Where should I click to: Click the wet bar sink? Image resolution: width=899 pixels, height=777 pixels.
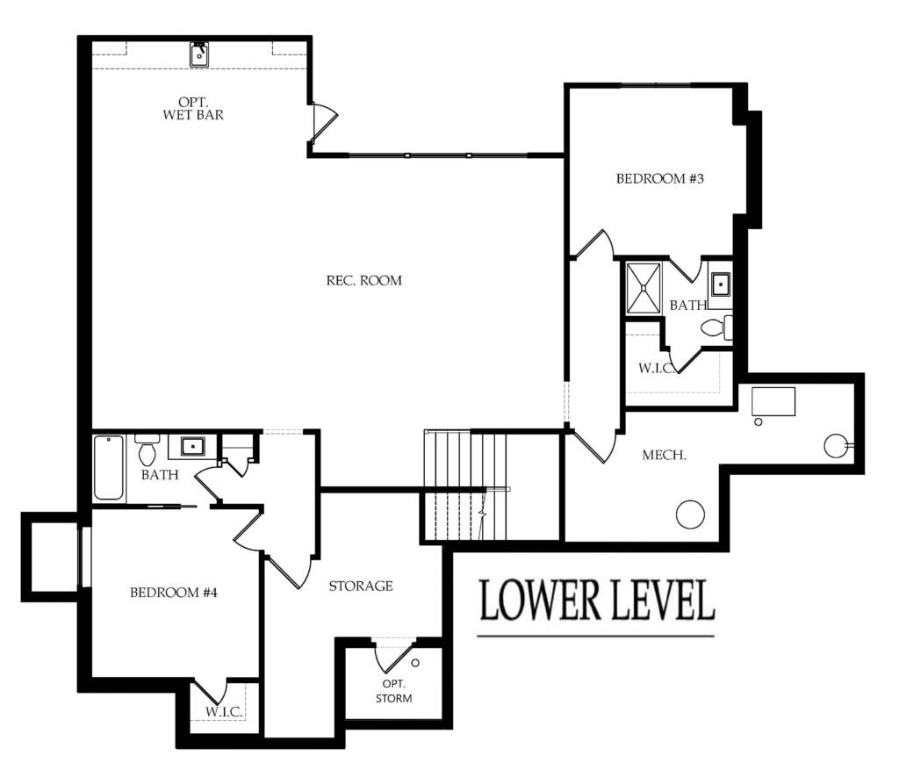(199, 54)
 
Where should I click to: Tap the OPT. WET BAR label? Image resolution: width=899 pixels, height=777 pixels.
(193, 108)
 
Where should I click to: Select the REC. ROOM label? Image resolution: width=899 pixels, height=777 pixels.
(364, 280)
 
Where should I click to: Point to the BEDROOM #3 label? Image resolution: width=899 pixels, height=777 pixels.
(660, 179)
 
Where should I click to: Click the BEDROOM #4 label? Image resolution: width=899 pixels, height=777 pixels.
(174, 593)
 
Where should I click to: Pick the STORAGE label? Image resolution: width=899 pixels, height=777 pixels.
(361, 586)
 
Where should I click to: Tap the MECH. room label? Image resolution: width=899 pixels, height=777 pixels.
(664, 456)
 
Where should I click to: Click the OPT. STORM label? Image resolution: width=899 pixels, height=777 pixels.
(394, 691)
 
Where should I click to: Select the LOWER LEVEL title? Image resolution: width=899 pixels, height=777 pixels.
(597, 600)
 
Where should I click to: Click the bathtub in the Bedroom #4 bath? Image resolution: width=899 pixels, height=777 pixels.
(108, 467)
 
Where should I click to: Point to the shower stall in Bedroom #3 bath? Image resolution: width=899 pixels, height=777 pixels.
(644, 289)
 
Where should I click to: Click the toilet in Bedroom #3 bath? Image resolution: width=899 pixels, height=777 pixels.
(716, 327)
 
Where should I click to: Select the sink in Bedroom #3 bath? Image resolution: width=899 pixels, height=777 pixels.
(720, 284)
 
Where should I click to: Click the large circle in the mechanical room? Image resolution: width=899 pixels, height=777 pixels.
(690, 514)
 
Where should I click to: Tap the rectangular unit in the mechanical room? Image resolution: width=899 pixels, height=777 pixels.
(773, 401)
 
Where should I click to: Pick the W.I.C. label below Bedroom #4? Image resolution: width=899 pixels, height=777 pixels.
(224, 712)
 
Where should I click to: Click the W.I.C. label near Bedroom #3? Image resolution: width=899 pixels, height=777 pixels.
(657, 368)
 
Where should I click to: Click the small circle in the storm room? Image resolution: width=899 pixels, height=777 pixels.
(415, 663)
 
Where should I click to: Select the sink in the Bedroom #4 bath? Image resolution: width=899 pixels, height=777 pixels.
(192, 446)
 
